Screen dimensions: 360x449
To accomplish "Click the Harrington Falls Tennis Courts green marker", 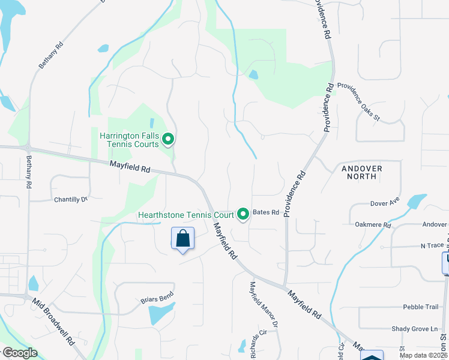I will (x=169, y=140).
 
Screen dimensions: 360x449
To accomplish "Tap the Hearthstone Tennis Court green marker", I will (x=243, y=214).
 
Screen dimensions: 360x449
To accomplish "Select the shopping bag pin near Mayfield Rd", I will (x=183, y=238).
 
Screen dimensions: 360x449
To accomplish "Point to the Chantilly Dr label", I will (x=71, y=199).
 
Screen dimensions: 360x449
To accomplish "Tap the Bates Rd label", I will (x=266, y=212).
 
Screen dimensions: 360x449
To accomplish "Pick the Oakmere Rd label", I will (x=372, y=226).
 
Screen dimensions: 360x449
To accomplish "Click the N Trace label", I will (x=432, y=246).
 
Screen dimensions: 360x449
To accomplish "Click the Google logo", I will (x=20, y=353).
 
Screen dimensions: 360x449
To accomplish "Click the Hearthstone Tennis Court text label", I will (x=186, y=214).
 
